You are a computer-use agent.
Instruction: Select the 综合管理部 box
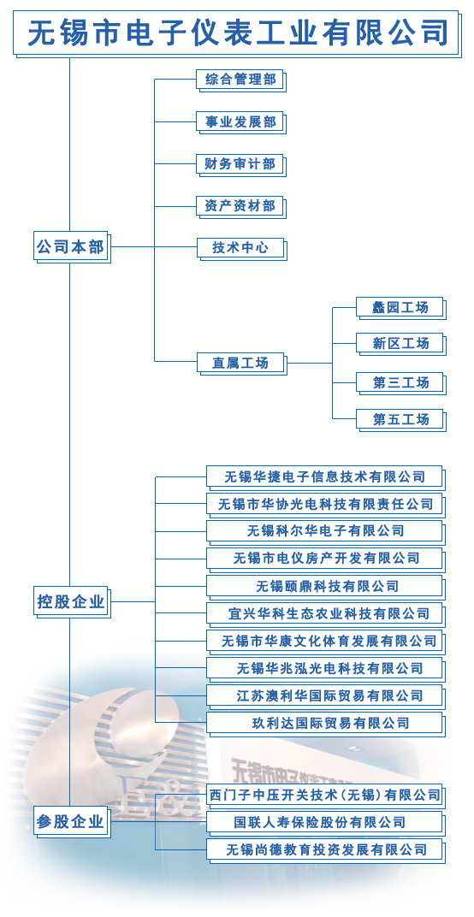(x=241, y=80)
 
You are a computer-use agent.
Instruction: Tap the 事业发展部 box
(x=241, y=122)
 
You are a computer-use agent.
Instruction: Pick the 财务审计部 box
(x=241, y=164)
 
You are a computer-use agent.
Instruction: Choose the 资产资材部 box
(x=241, y=206)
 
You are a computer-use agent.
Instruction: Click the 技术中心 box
(x=241, y=249)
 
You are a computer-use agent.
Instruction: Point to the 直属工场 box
(x=241, y=364)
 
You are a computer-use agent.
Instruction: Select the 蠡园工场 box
(x=401, y=308)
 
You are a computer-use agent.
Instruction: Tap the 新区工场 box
(x=401, y=344)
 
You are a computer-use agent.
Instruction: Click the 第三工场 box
(x=401, y=383)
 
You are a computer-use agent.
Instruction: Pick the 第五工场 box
(x=401, y=420)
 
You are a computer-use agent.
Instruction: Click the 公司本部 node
(x=72, y=247)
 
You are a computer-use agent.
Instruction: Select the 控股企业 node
(x=72, y=602)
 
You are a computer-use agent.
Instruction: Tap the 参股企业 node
(x=72, y=822)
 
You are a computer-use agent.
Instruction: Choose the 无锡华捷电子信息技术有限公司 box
(x=326, y=477)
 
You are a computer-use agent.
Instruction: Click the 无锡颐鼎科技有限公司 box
(x=326, y=587)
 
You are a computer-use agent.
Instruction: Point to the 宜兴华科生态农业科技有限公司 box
(x=326, y=614)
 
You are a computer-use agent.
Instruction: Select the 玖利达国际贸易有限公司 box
(x=326, y=724)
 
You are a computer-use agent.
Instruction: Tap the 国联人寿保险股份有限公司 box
(x=326, y=822)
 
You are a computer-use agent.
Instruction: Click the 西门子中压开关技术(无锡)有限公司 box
(x=326, y=796)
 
